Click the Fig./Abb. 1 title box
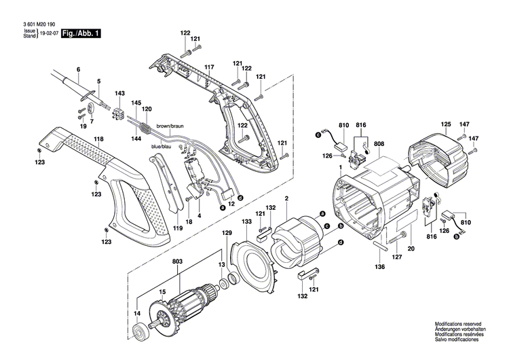click(x=80, y=33)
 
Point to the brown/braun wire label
click(x=170, y=126)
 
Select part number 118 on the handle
click(x=99, y=139)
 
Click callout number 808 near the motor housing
click(x=378, y=143)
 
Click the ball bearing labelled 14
click(x=141, y=333)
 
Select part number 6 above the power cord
click(x=78, y=70)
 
